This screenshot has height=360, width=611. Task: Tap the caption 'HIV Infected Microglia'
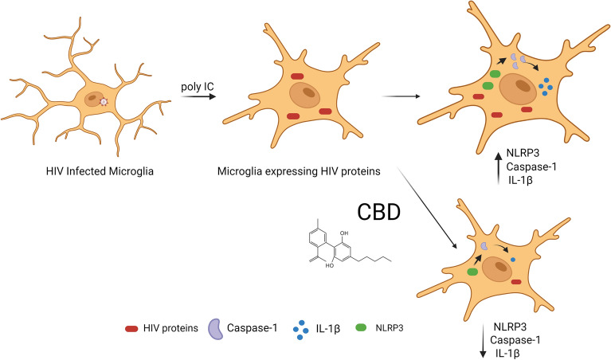coord(93,170)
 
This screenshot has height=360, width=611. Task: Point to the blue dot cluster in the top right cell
coord(546,84)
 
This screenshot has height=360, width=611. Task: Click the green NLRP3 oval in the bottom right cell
coord(473,272)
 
